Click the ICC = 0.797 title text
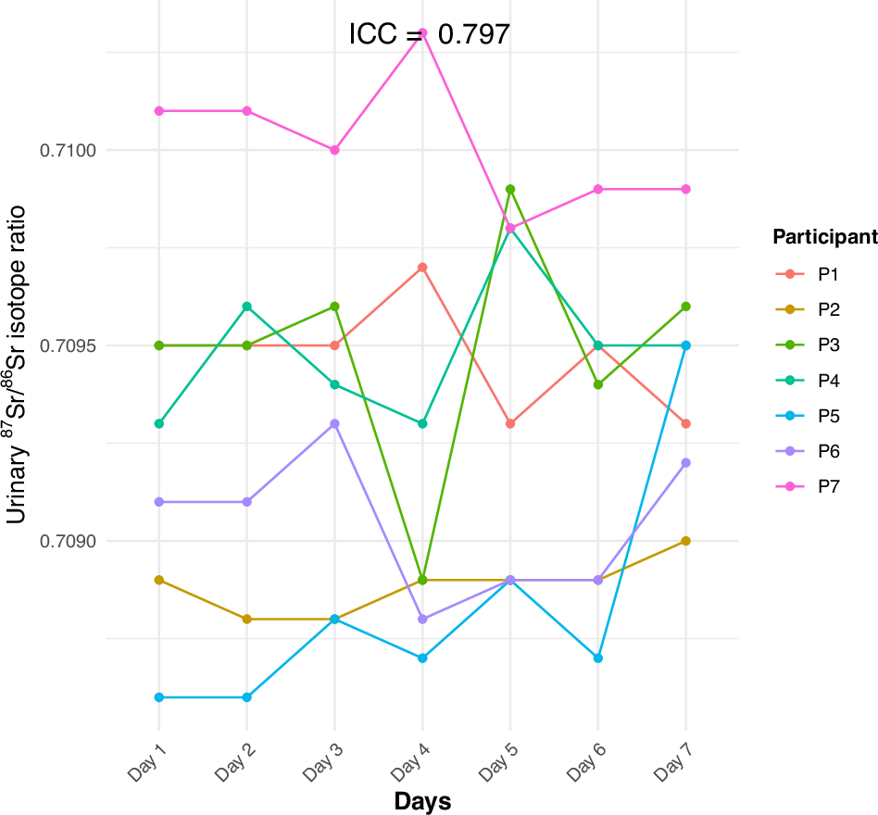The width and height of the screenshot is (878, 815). click(429, 34)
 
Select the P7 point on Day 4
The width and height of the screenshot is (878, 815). click(422, 32)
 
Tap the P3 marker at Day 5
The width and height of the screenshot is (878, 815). click(510, 189)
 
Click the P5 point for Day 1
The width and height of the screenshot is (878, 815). click(159, 696)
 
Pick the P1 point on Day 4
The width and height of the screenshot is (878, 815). click(422, 268)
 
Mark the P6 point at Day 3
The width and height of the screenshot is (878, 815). click(334, 423)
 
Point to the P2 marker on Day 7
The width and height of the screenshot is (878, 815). click(685, 541)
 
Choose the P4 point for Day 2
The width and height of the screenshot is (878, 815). click(247, 307)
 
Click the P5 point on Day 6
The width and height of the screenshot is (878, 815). click(598, 658)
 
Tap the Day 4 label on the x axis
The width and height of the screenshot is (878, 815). click(412, 762)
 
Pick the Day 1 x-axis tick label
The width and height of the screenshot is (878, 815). click(149, 762)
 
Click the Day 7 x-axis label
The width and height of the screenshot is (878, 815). click(675, 762)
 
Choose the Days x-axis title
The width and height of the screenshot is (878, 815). click(422, 801)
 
